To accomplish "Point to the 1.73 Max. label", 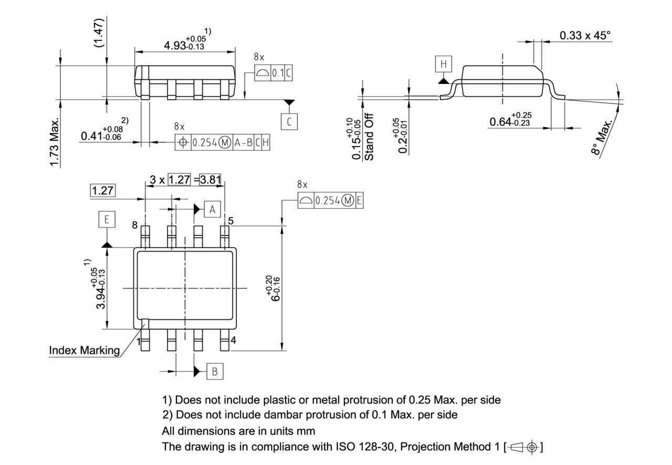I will pyautogui.click(x=55, y=142).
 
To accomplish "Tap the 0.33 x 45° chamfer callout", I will pyautogui.click(x=585, y=36).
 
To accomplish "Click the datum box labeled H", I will pyautogui.click(x=443, y=64).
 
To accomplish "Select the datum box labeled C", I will pyautogui.click(x=288, y=122).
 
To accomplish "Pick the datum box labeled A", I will pyautogui.click(x=212, y=209).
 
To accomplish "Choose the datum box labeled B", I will pyautogui.click(x=214, y=371).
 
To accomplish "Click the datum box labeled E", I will pyautogui.click(x=107, y=219).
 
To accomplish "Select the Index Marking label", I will pyautogui.click(x=84, y=350).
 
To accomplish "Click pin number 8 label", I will pyautogui.click(x=135, y=225).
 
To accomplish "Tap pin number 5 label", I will pyautogui.click(x=231, y=221).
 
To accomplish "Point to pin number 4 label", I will pyautogui.click(x=233, y=340).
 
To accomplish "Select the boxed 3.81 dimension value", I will pyautogui.click(x=212, y=180).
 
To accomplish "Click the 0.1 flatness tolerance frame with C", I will pyautogui.click(x=274, y=74).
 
